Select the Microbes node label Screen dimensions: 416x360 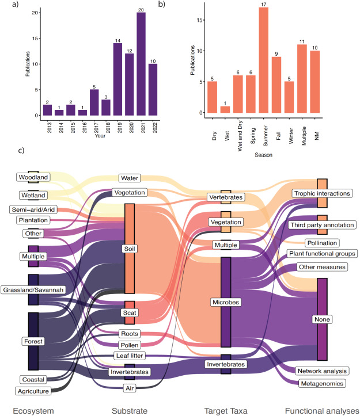click(225, 301)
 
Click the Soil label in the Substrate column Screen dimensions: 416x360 click(129, 249)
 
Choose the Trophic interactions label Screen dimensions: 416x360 click(321, 193)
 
